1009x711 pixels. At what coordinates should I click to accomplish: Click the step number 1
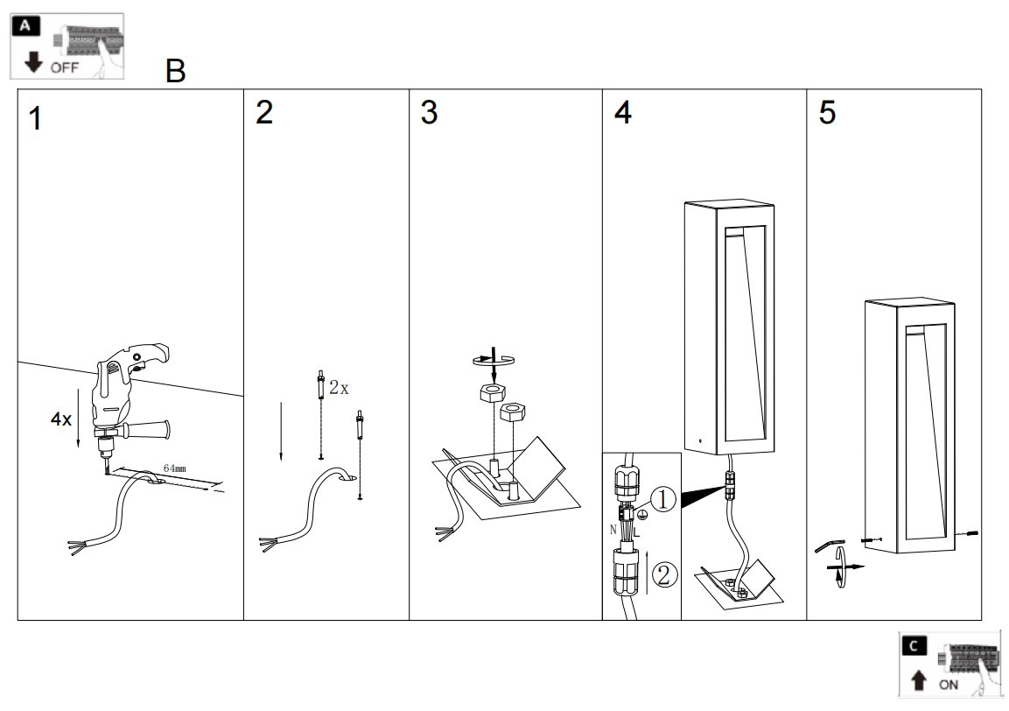coord(35,118)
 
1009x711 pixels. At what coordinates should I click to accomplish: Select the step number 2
coord(264,113)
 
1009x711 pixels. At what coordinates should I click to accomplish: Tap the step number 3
coord(429,113)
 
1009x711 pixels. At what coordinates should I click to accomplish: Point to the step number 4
coord(622,114)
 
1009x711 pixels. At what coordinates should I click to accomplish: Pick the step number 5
coord(827,113)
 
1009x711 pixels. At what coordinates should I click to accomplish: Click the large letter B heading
coord(176,72)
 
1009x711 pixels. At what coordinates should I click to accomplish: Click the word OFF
coord(64,67)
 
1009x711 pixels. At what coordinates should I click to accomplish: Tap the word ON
coord(948,685)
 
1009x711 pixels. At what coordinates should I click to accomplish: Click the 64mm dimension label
coord(175,469)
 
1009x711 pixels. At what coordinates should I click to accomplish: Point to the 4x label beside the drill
coord(61,419)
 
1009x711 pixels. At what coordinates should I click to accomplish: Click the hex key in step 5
coord(827,545)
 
